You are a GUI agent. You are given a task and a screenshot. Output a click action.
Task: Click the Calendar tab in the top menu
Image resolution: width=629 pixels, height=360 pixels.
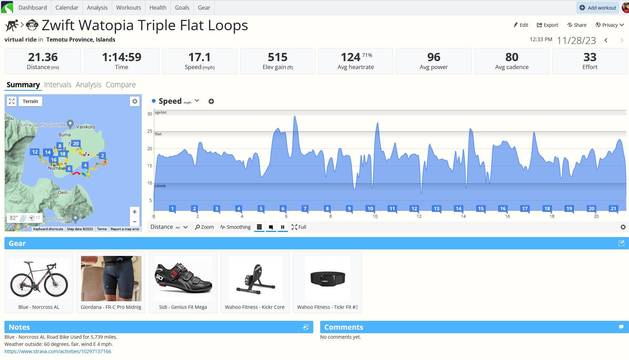tap(67, 8)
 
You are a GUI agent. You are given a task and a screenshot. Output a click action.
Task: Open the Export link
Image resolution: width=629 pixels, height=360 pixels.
tap(548, 25)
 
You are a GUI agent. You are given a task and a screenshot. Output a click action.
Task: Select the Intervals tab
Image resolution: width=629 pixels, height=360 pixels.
tap(58, 85)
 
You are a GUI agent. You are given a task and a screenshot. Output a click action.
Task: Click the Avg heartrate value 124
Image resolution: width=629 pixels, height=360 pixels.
tap(350, 57)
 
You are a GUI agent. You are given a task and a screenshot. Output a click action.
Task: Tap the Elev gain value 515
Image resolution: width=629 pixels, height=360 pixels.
tap(278, 57)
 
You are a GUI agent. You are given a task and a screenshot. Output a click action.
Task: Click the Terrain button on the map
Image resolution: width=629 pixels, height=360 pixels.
tap(30, 101)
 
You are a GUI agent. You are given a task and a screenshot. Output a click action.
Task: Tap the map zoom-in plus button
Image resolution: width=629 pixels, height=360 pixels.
tap(135, 212)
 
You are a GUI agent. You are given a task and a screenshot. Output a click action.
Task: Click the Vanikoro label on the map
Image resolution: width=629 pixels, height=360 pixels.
tap(86, 127)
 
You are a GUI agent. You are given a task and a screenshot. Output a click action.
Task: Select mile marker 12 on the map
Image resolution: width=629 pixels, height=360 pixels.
tap(35, 152)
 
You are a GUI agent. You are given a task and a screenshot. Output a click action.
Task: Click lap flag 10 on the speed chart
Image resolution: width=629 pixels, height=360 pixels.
tap(370, 209)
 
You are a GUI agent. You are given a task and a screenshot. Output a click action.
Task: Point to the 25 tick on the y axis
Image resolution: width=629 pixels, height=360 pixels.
tap(149, 131)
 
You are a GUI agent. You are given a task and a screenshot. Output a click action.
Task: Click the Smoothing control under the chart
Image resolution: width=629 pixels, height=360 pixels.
tap(235, 227)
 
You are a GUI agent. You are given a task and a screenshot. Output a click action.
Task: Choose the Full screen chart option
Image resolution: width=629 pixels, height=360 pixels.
tap(299, 227)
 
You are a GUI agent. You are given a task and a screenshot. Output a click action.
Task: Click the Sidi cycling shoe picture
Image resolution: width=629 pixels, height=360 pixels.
tap(183, 278)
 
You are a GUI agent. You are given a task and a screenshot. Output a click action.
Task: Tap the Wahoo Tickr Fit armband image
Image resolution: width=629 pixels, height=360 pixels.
tap(327, 278)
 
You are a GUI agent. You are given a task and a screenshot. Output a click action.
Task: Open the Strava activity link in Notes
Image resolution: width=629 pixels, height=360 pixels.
tap(58, 351)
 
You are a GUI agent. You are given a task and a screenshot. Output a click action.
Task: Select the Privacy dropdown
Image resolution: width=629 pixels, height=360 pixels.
tap(610, 25)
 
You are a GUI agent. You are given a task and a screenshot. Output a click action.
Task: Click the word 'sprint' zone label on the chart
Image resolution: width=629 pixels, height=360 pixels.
tap(161, 112)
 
